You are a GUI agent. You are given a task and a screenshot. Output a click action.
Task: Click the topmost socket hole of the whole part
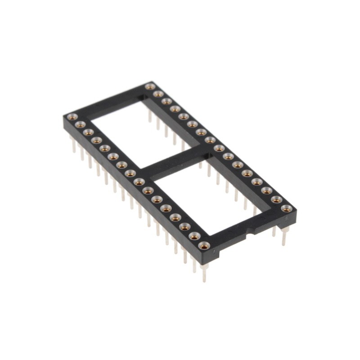coord(150,86)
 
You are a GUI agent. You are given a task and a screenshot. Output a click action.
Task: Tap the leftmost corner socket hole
coord(72,117)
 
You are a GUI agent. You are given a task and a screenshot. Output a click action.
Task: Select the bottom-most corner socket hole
coord(204,245)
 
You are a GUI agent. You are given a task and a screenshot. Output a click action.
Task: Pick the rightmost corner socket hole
coord(286,208)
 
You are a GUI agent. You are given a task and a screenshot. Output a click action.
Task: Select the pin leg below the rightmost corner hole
coord(284,236)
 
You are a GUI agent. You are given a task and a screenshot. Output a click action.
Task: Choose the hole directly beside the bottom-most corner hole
coord(194,236)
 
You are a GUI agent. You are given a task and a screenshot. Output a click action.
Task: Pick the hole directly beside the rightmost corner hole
coord(276,199)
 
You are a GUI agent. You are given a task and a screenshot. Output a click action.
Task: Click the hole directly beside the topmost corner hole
coord(158,94)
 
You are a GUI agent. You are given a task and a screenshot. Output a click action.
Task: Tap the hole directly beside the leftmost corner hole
coord(80,124)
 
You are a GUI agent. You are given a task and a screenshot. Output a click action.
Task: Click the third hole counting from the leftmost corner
coord(88,132)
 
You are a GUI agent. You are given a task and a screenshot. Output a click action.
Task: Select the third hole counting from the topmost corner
coord(166,101)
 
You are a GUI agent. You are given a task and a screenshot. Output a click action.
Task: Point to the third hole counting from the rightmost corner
coord(266,190)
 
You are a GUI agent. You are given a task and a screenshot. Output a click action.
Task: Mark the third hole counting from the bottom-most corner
coord(185,226)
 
